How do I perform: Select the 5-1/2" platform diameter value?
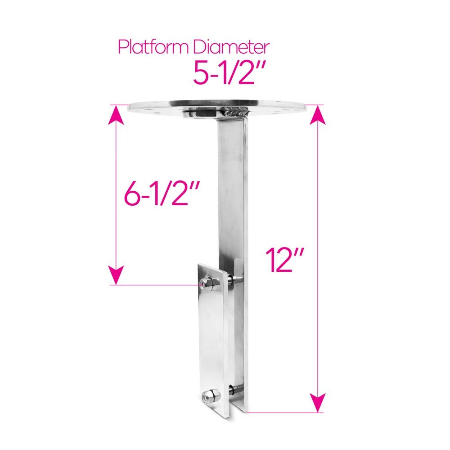tap(229, 72)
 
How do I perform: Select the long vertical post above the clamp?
tap(232, 189)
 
